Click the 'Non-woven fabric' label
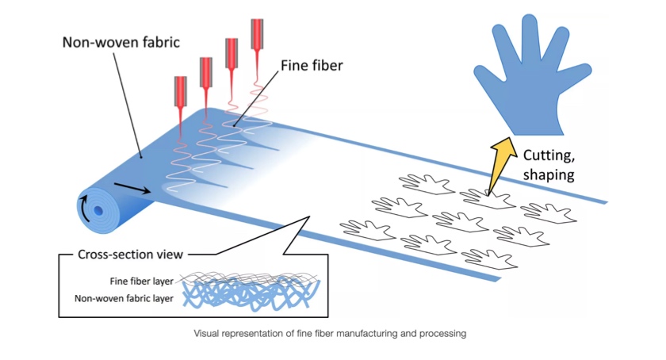click(x=121, y=40)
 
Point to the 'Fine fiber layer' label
click(x=144, y=280)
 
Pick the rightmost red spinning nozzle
click(x=257, y=36)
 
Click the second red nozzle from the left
click(x=206, y=73)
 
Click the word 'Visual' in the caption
click(x=208, y=333)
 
